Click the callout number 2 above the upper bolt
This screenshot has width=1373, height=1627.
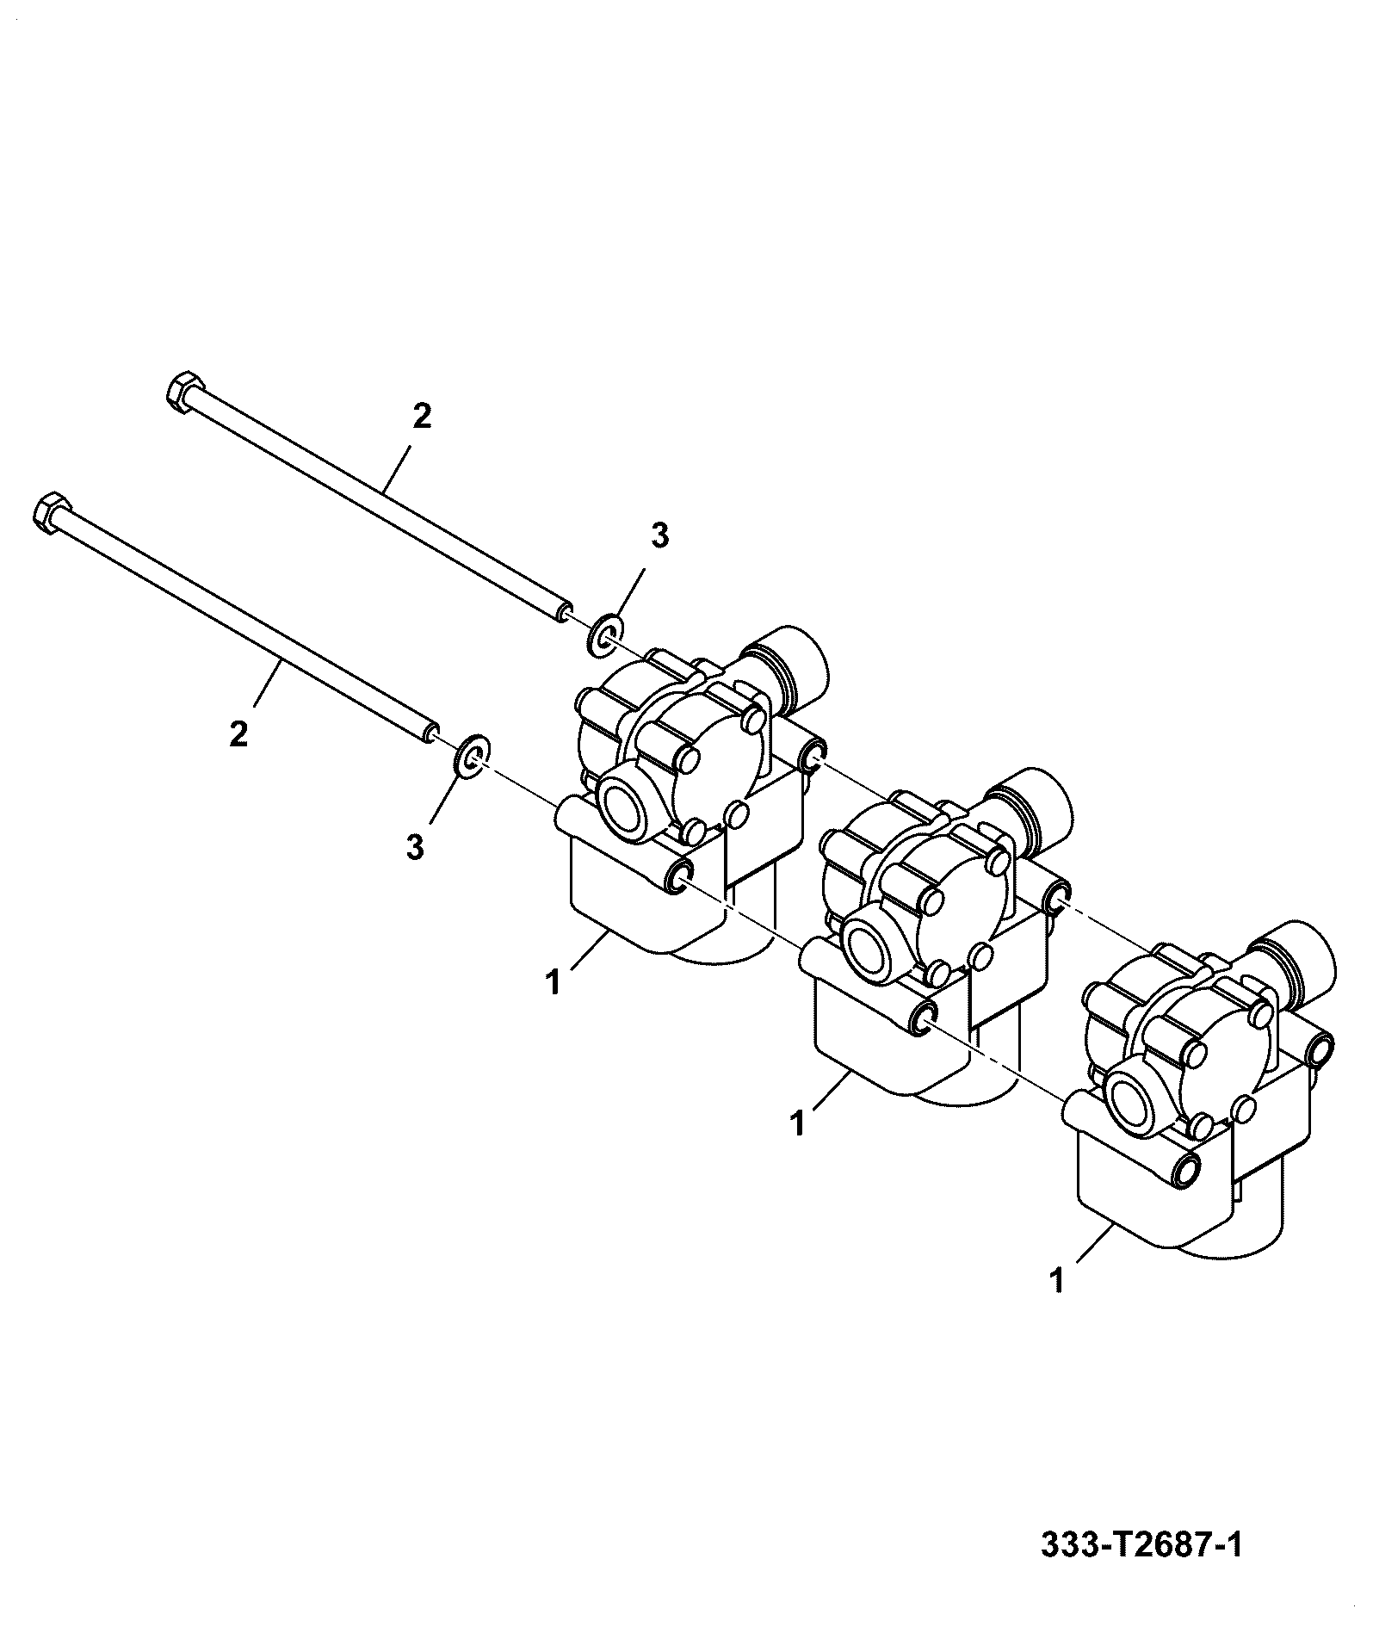click(x=422, y=417)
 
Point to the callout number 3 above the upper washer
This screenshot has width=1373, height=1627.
click(x=659, y=536)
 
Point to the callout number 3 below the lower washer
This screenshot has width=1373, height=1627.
click(x=415, y=847)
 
